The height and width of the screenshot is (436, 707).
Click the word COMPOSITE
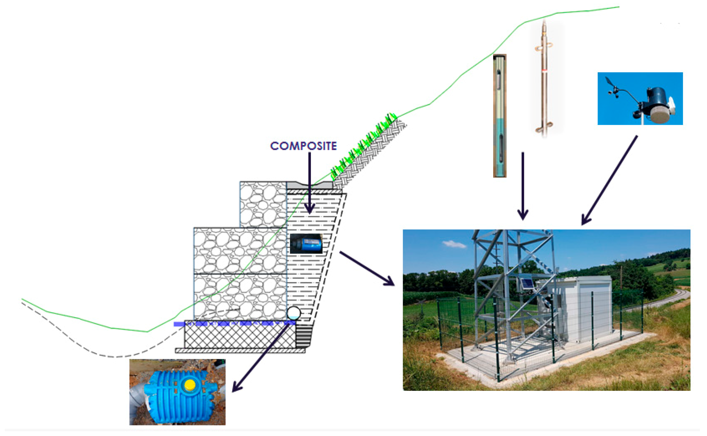click(x=303, y=146)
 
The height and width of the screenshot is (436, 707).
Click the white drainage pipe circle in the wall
click(x=293, y=313)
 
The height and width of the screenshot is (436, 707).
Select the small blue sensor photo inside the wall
click(x=306, y=244)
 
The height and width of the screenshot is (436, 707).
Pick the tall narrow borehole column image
click(x=499, y=115)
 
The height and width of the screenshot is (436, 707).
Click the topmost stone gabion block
click(x=263, y=204)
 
